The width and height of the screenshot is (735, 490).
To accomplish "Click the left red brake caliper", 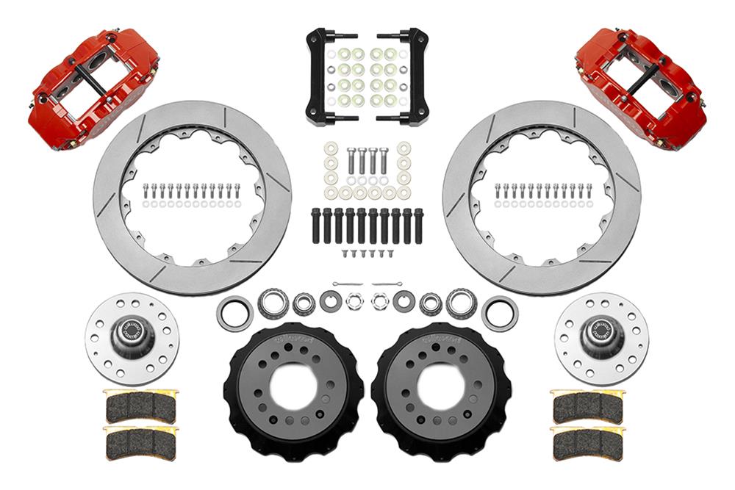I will [x=94, y=87].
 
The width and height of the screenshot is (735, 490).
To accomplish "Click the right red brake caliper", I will [x=641, y=87].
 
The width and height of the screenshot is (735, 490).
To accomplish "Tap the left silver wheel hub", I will [x=131, y=337].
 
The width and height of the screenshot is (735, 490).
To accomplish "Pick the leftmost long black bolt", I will [x=315, y=226].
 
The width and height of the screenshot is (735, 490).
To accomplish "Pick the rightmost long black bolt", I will [x=419, y=226].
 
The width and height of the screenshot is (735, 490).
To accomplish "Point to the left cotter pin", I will [x=347, y=284].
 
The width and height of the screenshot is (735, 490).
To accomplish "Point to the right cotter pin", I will [x=387, y=284].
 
